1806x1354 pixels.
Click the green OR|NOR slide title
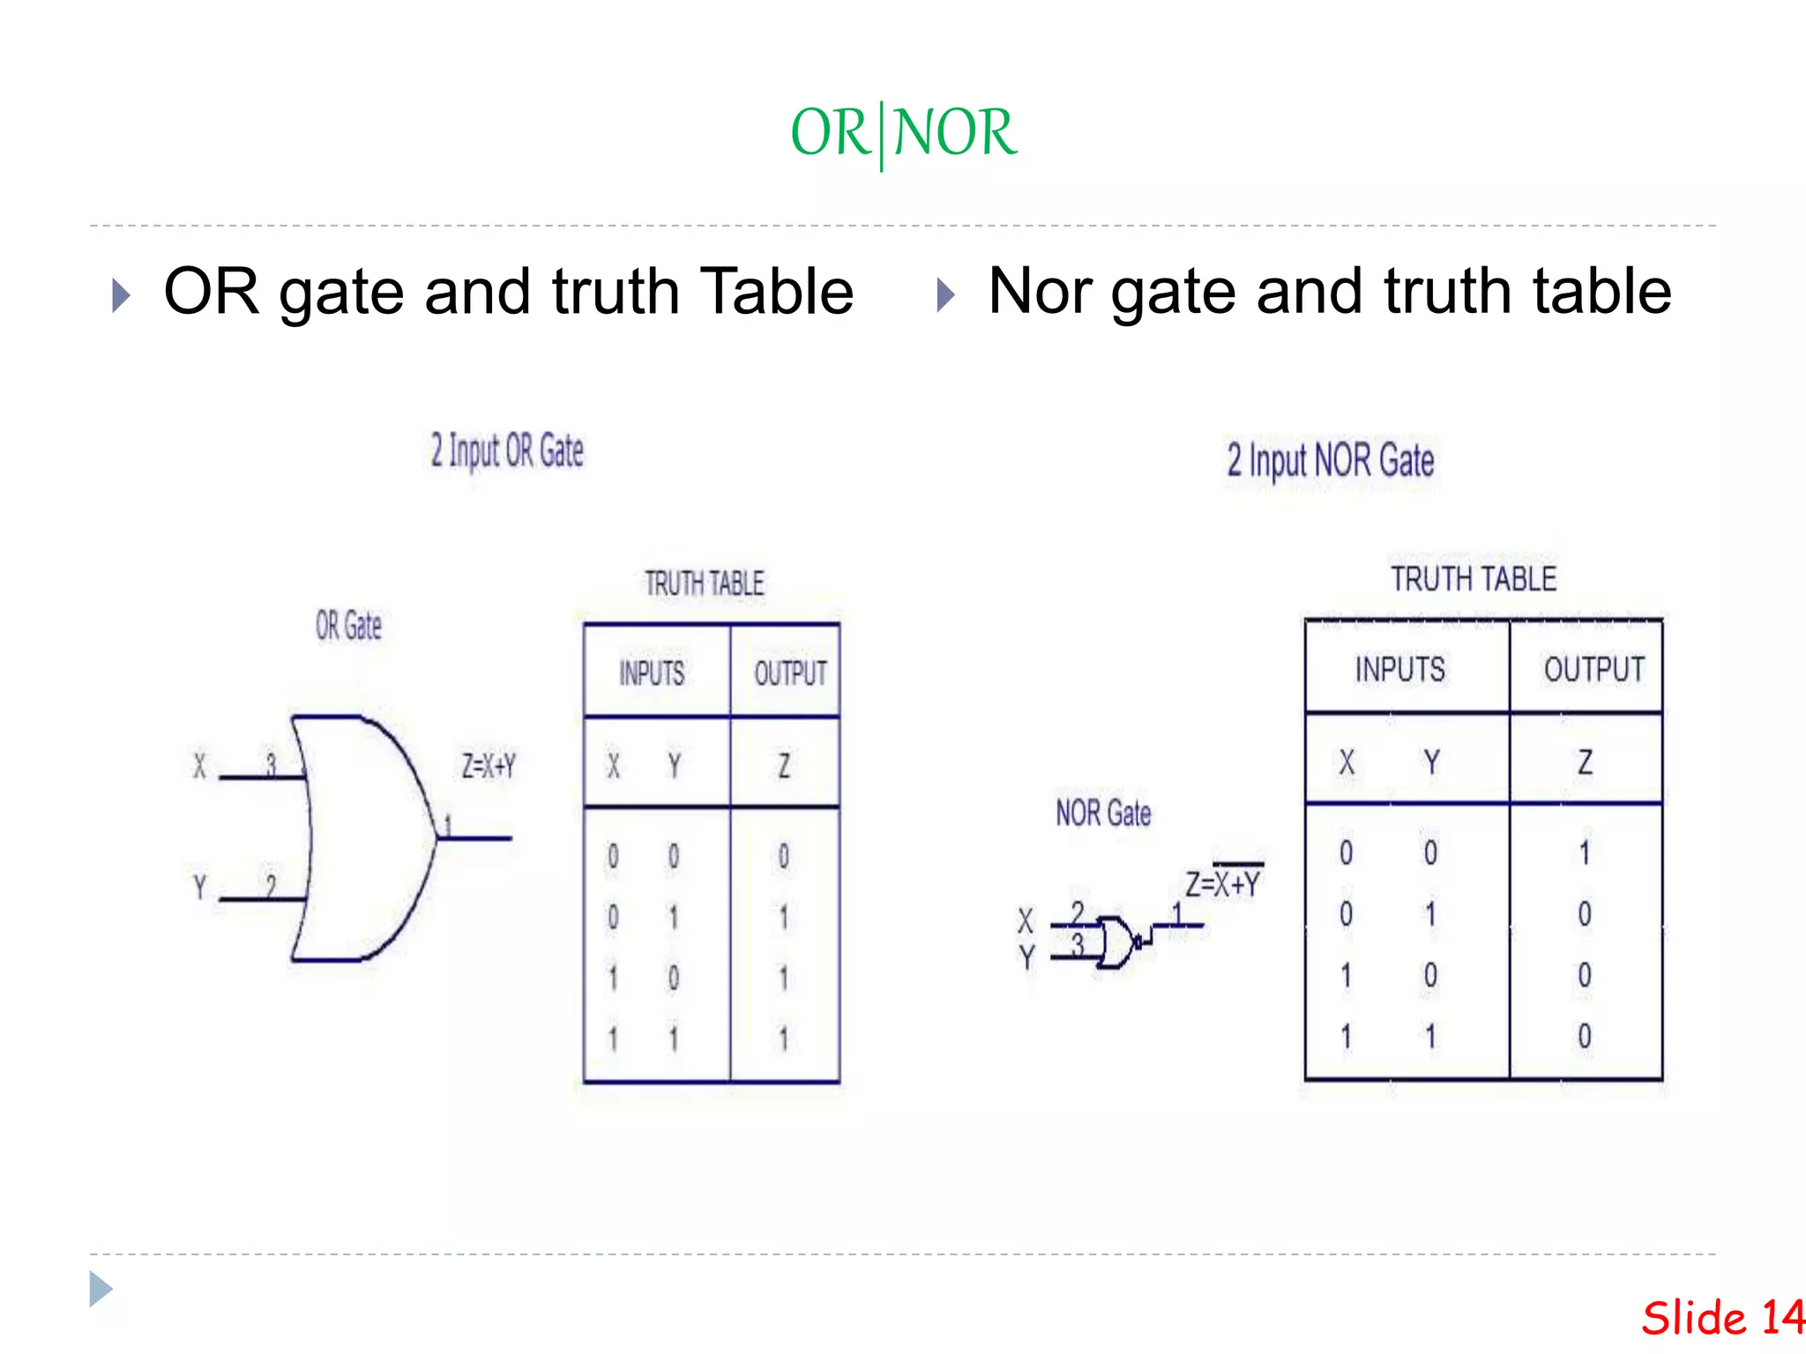coord(903,133)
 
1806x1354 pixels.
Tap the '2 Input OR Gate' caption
coord(507,451)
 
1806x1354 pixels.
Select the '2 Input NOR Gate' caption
coord(1330,461)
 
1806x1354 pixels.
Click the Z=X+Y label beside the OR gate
coord(489,766)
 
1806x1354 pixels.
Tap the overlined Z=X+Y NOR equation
coord(1223,882)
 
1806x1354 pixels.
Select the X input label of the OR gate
coord(199,766)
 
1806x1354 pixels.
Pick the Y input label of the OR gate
coord(199,886)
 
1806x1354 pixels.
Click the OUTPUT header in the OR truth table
coord(790,674)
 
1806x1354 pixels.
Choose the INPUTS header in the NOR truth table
coord(1400,669)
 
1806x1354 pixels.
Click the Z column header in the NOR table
coord(1585,763)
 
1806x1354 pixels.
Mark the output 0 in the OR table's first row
coord(783,856)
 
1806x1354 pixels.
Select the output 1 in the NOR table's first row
coord(1585,852)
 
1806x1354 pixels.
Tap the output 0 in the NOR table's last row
coord(1585,1036)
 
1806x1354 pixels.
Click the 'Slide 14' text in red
coord(1723,1319)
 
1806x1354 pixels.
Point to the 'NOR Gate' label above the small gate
coord(1103,813)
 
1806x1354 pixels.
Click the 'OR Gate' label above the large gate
coord(348,626)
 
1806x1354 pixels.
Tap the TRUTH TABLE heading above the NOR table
coord(1474,579)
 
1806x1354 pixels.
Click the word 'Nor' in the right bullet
coord(1040,292)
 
